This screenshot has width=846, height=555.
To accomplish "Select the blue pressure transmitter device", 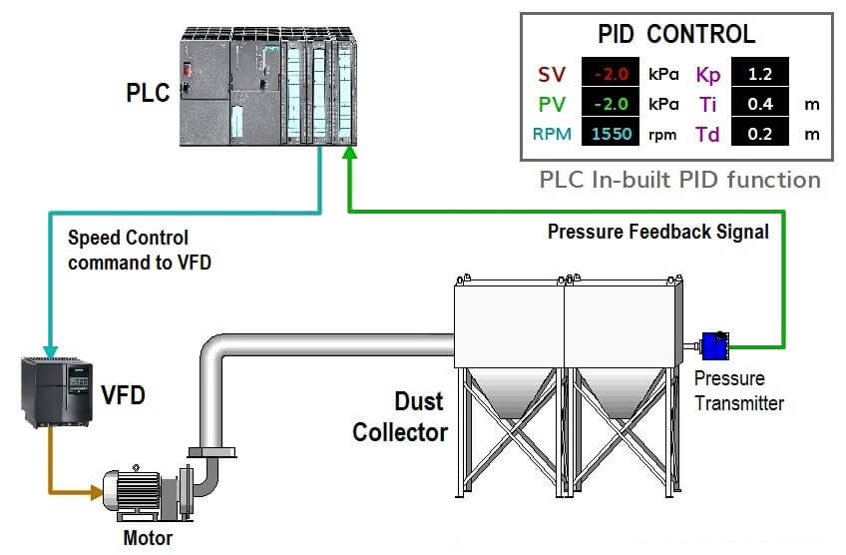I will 715,347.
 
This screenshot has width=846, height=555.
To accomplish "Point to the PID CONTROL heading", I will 676,34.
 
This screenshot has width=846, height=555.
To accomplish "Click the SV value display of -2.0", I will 612,74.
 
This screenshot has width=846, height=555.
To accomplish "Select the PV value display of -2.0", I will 612,104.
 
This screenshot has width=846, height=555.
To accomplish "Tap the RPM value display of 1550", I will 612,134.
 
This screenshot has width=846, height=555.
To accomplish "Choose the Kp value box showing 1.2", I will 760,74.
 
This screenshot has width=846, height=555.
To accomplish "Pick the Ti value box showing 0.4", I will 760,104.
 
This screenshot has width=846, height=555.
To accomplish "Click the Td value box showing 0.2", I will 760,134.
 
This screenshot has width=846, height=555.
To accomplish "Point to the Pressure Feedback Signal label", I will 657,232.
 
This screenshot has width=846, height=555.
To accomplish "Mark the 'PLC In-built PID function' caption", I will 679,180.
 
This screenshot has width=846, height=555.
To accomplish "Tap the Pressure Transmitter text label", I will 738,391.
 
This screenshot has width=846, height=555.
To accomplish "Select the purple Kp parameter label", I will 707,75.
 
